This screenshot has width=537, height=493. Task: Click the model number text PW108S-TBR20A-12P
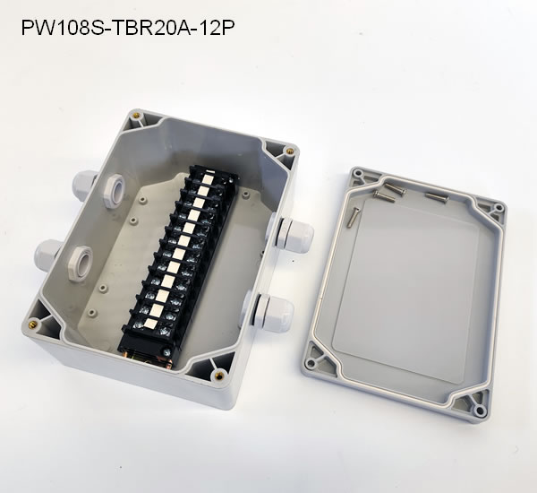point(128,28)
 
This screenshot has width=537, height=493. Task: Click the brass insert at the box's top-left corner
point(138,116)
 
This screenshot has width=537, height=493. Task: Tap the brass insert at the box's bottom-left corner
point(33,322)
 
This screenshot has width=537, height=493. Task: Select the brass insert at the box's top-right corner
point(291,150)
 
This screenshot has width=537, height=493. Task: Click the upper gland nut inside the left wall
point(115,190)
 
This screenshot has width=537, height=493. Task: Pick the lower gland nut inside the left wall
point(81,263)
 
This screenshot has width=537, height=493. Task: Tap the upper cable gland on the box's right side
point(294,233)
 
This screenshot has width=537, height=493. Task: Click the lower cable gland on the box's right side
point(273,312)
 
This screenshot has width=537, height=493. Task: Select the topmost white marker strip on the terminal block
point(208,178)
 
